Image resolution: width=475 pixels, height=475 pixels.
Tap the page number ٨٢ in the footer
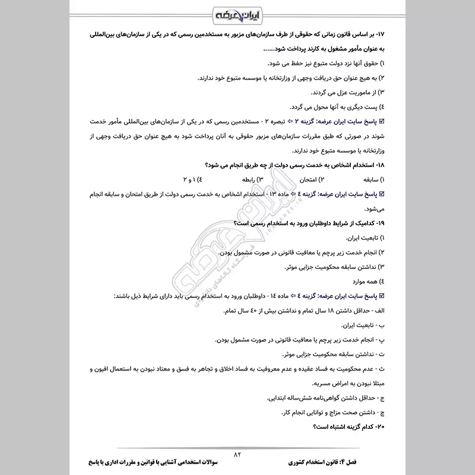(239, 454)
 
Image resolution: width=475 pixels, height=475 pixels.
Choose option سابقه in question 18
(368, 179)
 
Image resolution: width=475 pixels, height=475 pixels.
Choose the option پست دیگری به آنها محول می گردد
(338, 107)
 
